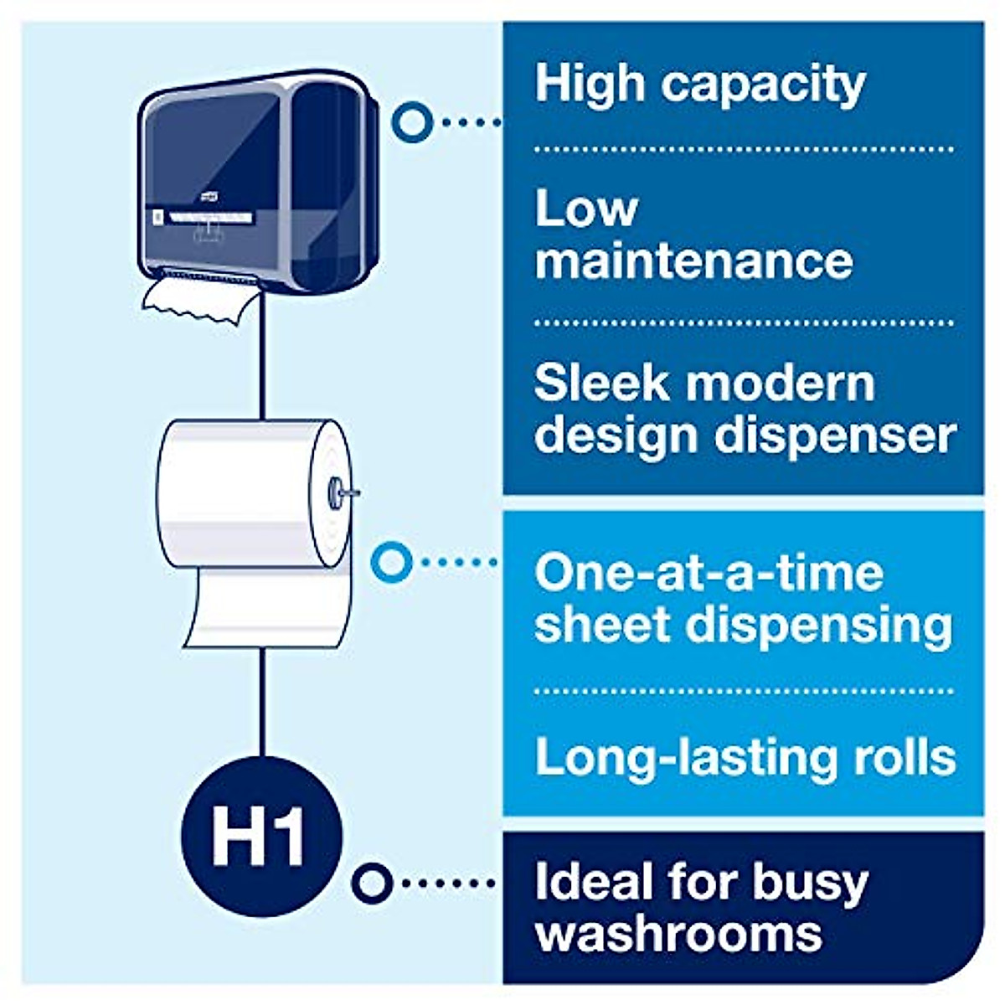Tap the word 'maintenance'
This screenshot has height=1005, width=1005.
point(693,260)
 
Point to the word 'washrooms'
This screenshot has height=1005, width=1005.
point(678,932)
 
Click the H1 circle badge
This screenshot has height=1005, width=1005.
point(261,837)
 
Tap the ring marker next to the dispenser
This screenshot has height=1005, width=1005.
point(412,122)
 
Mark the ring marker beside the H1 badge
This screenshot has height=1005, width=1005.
point(372,882)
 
